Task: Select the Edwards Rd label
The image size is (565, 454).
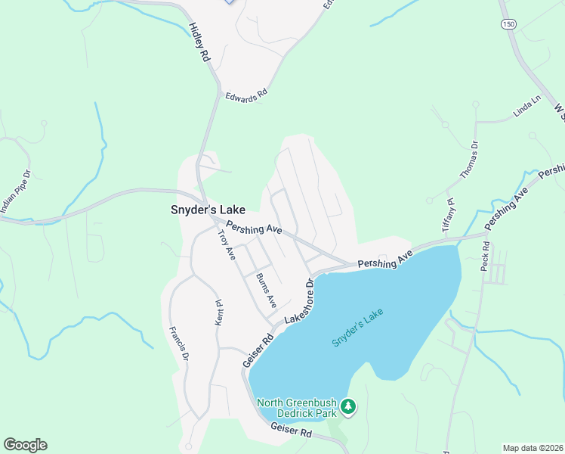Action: click(x=247, y=96)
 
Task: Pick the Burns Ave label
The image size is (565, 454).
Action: click(x=265, y=291)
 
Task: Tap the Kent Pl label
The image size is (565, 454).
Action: click(x=218, y=313)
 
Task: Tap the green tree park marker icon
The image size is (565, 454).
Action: click(x=348, y=407)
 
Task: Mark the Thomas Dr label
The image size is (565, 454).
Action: click(x=468, y=160)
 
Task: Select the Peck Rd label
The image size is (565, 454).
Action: click(x=485, y=256)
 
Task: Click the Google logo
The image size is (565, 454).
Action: click(x=25, y=445)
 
